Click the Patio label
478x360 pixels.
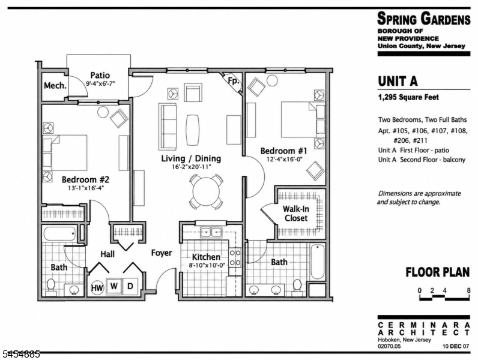pos(100,75)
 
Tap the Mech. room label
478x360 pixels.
pos(55,85)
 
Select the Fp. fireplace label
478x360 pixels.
pos(233,81)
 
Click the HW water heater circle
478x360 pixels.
pos(97,287)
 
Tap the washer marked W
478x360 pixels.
pos(114,286)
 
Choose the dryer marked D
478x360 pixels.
pos(130,286)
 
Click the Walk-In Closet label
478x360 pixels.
pos(296,214)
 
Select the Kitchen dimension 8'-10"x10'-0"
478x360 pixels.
pos(207,265)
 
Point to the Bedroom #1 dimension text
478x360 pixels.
pos(284,159)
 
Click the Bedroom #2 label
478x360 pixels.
pos(85,179)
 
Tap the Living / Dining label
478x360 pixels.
pos(191,158)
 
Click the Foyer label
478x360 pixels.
pos(162,253)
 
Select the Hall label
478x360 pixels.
pos(107,254)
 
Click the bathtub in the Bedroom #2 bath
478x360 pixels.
pos(60,234)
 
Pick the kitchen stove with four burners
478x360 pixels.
pos(235,257)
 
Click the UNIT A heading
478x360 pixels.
pos(398,81)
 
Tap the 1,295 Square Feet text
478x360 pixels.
pos(408,97)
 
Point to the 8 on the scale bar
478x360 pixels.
pos(468,290)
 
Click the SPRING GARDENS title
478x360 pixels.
pos(424,19)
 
